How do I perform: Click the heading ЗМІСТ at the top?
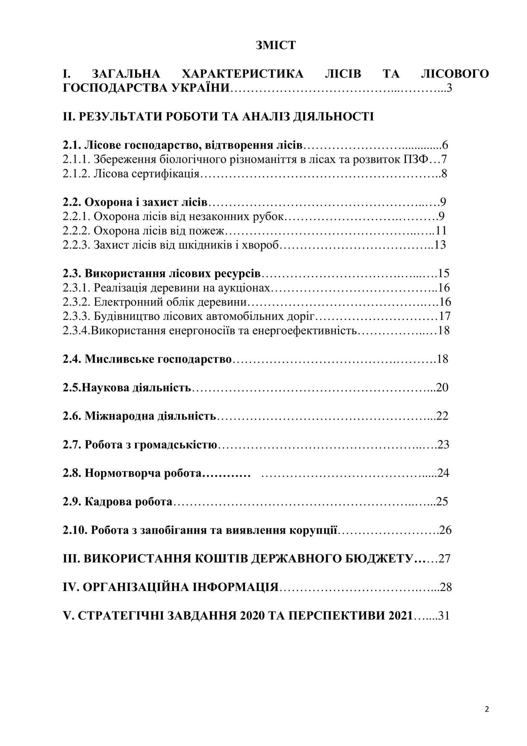(275, 45)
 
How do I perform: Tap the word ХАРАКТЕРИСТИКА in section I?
(242, 74)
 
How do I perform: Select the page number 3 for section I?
(449, 88)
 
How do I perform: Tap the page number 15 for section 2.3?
(443, 273)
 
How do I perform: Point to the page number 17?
(445, 316)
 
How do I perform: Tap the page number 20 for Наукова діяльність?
(442, 388)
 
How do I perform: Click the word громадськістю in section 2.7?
(179, 445)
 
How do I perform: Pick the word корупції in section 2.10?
(314, 530)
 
